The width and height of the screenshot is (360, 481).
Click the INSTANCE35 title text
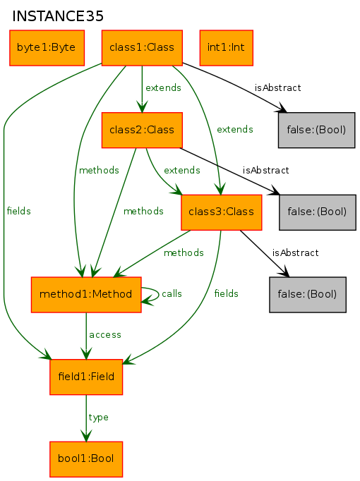tap(58, 16)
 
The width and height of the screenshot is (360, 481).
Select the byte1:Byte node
tap(47, 47)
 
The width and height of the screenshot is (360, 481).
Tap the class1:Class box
tap(142, 47)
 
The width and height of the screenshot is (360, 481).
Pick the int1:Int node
tap(227, 47)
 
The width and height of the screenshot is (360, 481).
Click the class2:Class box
tap(142, 130)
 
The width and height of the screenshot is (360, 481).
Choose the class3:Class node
tap(221, 212)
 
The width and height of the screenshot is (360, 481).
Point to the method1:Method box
tap(86, 295)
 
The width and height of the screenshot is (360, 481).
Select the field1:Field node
tap(86, 377)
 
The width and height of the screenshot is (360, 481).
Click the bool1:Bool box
tap(86, 459)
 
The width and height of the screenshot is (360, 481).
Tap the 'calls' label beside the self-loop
tap(172, 293)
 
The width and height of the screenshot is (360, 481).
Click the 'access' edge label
tap(105, 335)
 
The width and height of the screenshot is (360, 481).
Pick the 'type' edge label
tap(98, 418)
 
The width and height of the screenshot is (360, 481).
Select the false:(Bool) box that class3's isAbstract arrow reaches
tap(308, 295)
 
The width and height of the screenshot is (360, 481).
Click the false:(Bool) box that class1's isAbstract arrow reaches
tap(317, 130)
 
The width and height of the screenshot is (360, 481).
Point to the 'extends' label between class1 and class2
tap(163, 87)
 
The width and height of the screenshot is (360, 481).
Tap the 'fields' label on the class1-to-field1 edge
tap(19, 211)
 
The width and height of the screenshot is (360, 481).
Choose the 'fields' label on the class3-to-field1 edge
tap(226, 293)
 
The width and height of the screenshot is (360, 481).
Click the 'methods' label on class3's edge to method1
tap(184, 252)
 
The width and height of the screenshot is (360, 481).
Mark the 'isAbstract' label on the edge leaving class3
tap(295, 252)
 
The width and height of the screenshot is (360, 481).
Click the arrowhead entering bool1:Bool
tap(86, 436)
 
